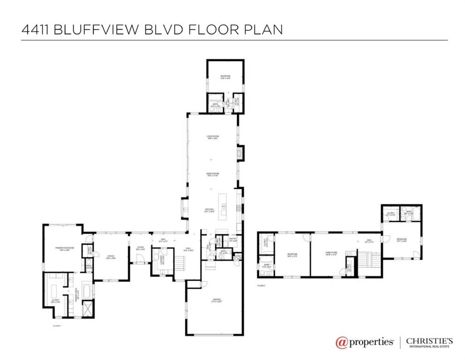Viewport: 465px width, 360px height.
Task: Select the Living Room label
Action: click(213, 137)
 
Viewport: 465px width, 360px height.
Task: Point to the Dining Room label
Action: click(213, 174)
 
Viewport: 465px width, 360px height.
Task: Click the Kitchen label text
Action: click(210, 210)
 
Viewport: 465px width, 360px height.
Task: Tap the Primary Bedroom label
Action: click(61, 248)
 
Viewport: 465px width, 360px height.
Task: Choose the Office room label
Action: click(111, 256)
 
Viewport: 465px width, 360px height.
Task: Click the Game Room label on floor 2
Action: click(332, 253)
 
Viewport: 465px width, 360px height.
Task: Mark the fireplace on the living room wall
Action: click(240, 153)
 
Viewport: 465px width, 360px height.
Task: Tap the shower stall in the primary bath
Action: click(88, 310)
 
